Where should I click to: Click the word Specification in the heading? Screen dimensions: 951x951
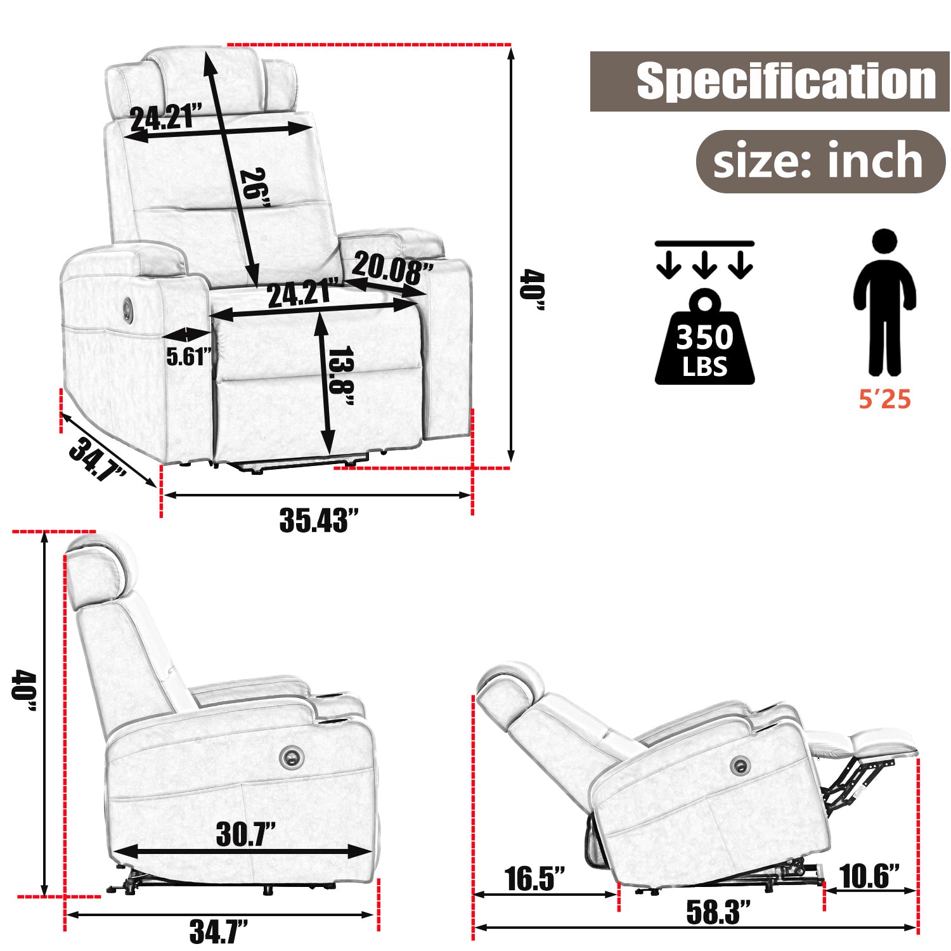point(786,81)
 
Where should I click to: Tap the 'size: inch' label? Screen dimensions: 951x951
point(818,162)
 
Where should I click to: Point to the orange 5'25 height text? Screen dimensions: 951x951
point(884,399)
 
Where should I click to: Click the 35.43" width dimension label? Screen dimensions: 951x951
point(318,521)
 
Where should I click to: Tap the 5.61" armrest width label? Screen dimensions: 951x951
point(188,357)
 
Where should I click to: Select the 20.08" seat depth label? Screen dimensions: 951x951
point(392,268)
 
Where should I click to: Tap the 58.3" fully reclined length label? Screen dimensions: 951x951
point(718,912)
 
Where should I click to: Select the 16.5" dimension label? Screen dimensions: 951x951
point(534,879)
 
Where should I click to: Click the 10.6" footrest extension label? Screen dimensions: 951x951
point(869,876)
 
